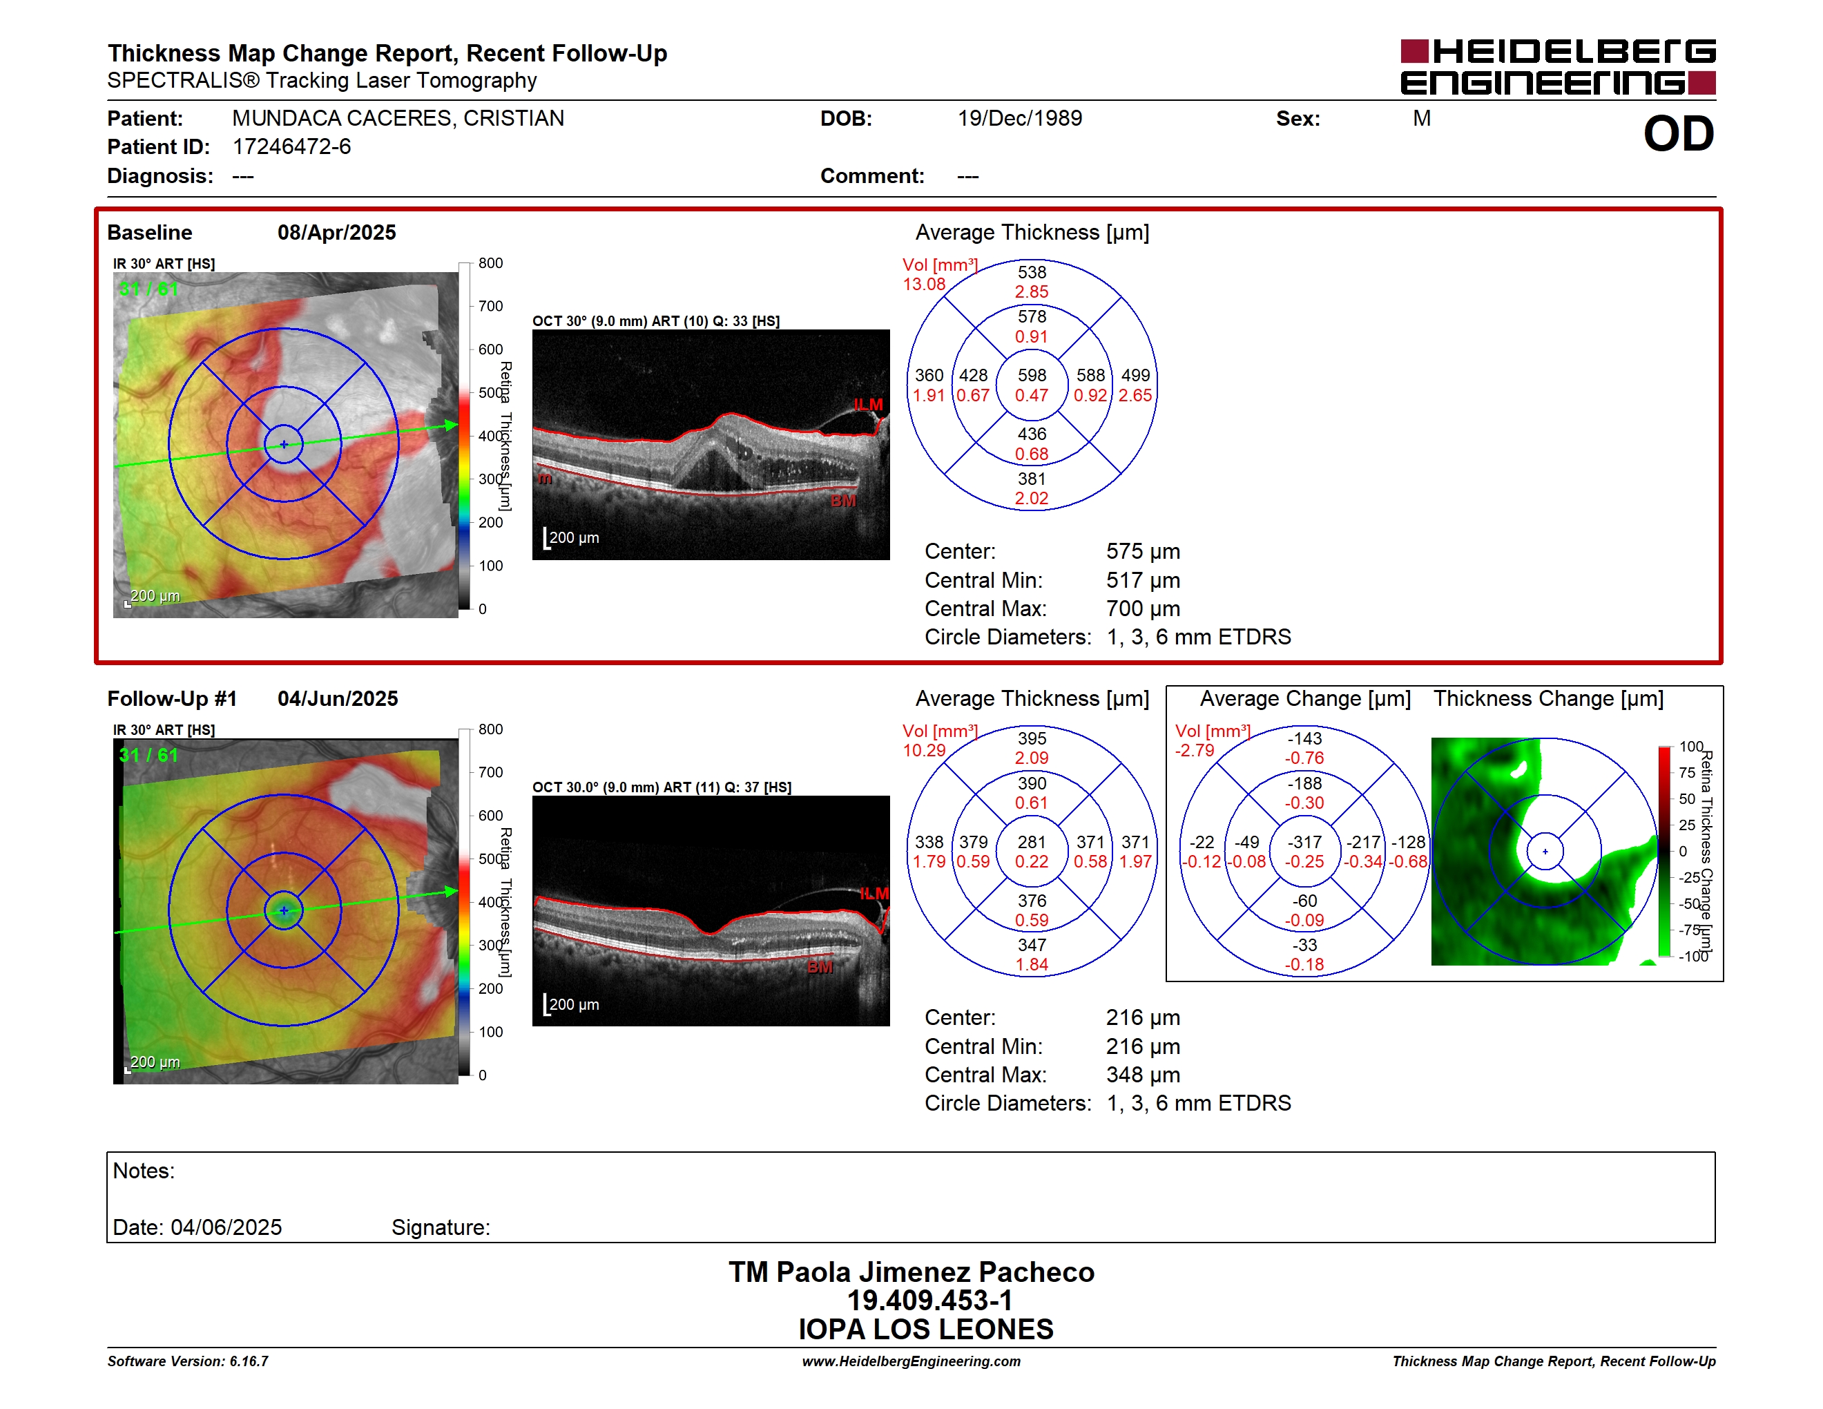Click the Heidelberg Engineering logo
point(1558,67)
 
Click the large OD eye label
point(1678,135)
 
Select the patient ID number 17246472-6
point(291,147)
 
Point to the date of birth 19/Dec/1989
point(1019,119)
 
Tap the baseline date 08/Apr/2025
point(336,233)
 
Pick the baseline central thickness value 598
point(1032,376)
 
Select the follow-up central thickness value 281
point(1032,842)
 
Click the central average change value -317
point(1304,842)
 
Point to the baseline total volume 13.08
point(924,285)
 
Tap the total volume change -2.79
point(1195,750)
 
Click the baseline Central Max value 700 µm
point(1143,608)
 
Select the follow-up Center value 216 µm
point(1143,1017)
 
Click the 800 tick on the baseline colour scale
point(490,264)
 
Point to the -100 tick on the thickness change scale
point(1694,957)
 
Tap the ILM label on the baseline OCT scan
point(868,405)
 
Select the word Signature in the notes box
point(441,1228)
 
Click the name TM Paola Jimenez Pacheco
point(911,1272)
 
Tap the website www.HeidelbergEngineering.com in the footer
point(911,1361)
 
